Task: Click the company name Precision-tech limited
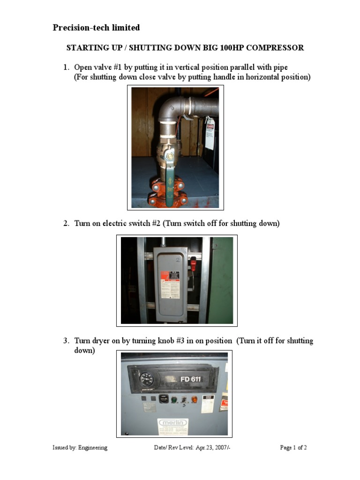tap(96, 28)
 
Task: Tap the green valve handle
tap(170, 187)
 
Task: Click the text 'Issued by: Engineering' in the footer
tap(80, 448)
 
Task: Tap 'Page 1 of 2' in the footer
tap(293, 448)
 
